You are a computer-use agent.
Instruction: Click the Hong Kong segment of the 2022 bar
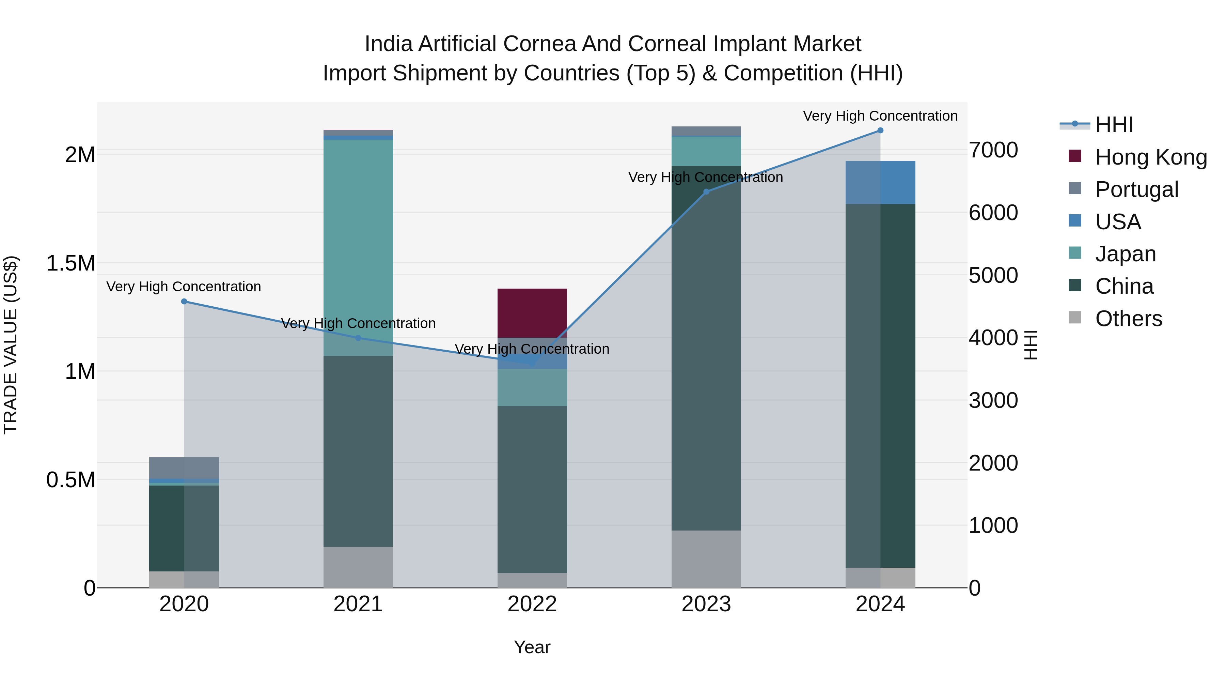click(x=532, y=313)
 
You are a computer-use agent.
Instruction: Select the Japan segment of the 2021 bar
click(x=358, y=248)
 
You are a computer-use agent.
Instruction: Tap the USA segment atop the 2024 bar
click(x=880, y=182)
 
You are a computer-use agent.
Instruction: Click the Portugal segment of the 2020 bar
click(x=184, y=467)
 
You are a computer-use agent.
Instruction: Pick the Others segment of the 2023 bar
click(x=706, y=559)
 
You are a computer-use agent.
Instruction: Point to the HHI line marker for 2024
click(x=880, y=131)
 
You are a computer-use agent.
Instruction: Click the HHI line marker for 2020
click(x=184, y=302)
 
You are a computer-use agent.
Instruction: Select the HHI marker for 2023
click(x=706, y=192)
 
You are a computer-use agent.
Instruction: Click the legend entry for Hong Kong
click(x=1150, y=157)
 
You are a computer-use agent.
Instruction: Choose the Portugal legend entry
click(x=1136, y=189)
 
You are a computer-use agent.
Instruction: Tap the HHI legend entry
click(x=1114, y=125)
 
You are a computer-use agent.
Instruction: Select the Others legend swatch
click(x=1075, y=318)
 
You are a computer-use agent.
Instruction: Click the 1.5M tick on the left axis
click(x=70, y=263)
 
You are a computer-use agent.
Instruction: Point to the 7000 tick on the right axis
click(x=993, y=150)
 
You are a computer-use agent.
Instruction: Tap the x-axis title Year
click(x=532, y=647)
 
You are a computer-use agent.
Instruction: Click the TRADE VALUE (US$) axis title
click(x=11, y=345)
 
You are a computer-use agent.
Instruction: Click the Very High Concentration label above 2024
click(x=880, y=116)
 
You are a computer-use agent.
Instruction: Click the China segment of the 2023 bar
click(x=706, y=348)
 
